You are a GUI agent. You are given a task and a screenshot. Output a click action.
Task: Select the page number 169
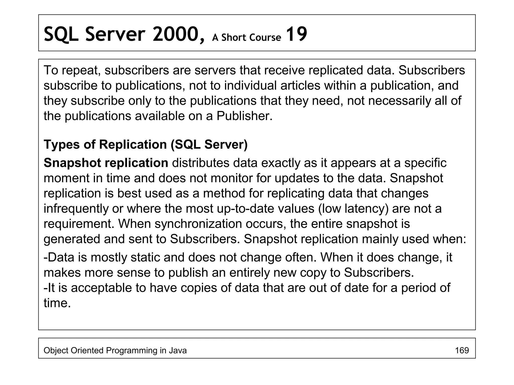[462, 350]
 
